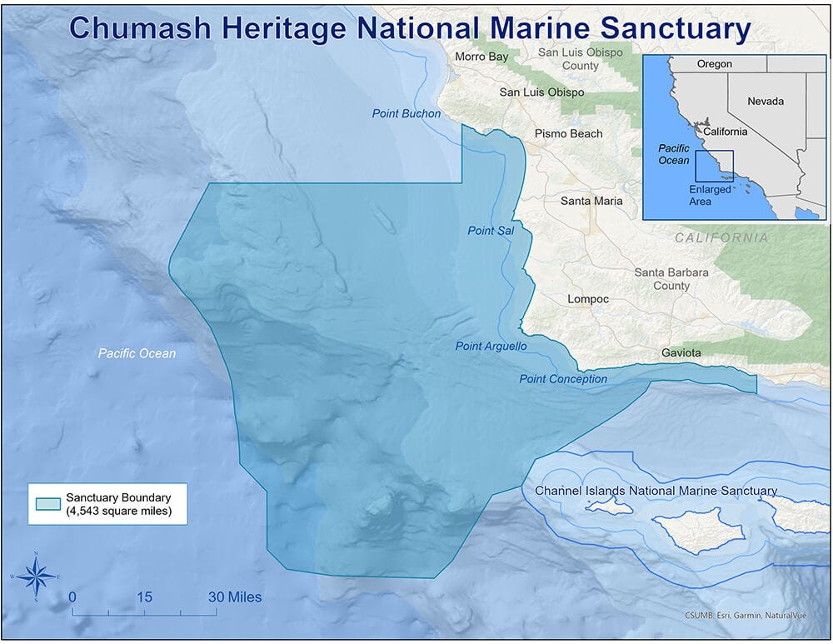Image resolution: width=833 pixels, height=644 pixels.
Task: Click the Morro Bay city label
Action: pyautogui.click(x=481, y=57)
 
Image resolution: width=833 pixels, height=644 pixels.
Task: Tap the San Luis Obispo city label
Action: pyautogui.click(x=541, y=92)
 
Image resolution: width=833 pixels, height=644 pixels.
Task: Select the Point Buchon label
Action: pyautogui.click(x=407, y=113)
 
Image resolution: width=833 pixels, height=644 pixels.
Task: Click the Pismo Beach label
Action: pyautogui.click(x=568, y=133)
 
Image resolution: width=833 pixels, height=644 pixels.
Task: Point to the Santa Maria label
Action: pyautogui.click(x=591, y=201)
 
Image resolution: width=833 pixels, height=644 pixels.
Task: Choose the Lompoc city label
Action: pyautogui.click(x=588, y=299)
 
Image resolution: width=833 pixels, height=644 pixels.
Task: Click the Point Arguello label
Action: pyautogui.click(x=491, y=346)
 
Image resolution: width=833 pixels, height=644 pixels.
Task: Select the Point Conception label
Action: pyautogui.click(x=563, y=379)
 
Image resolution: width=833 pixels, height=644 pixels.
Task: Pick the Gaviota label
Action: pyautogui.click(x=681, y=353)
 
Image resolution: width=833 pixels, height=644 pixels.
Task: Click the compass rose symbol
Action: pyautogui.click(x=36, y=576)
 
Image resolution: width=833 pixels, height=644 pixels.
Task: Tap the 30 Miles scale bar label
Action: pyautogui.click(x=235, y=597)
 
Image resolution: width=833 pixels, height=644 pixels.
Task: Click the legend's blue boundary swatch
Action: pyautogui.click(x=48, y=504)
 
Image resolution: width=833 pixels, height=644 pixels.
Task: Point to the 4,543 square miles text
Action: pyautogui.click(x=118, y=512)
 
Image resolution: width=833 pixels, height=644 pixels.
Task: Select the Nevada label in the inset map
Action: pyautogui.click(x=765, y=101)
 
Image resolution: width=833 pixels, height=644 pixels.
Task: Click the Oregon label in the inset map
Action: pyautogui.click(x=714, y=64)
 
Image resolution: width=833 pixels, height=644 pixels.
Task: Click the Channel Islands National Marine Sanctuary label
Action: pyautogui.click(x=656, y=491)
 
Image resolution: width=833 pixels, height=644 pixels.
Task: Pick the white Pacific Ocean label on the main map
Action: pyautogui.click(x=137, y=353)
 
